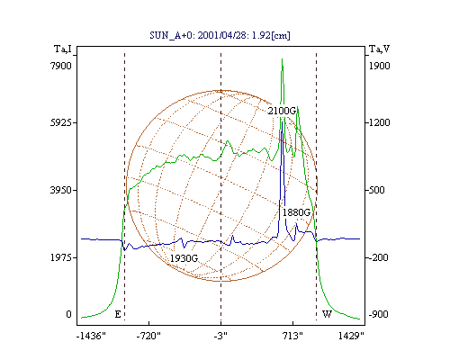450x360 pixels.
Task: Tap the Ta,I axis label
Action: coord(63,49)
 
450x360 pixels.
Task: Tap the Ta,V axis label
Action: coord(379,49)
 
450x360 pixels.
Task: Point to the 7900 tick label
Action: coord(61,66)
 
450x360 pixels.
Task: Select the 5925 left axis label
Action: coord(61,122)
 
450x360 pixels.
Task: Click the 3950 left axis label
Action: coord(61,190)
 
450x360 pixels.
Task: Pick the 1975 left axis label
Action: coord(61,257)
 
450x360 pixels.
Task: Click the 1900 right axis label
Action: coord(379,66)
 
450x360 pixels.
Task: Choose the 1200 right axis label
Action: coord(379,122)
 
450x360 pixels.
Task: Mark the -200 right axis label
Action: coord(378,257)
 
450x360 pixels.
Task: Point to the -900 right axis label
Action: coord(378,314)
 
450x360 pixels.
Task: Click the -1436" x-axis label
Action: coord(92,336)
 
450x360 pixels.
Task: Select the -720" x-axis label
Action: coord(148,336)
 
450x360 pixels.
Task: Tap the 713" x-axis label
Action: coord(292,336)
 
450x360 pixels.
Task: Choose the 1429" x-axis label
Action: coord(351,336)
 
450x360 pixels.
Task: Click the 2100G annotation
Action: coord(282,111)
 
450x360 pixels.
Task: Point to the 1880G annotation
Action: coord(296,212)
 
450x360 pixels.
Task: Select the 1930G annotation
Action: coord(184,258)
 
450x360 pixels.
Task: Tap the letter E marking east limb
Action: coord(118,314)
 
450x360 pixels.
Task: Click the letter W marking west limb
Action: coord(327,314)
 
